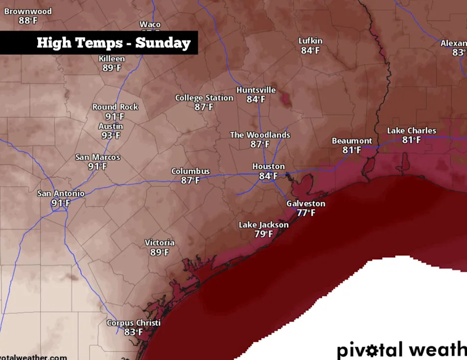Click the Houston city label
pyautogui.click(x=268, y=166)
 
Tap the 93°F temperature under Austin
pyautogui.click(x=111, y=136)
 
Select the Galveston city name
pyautogui.click(x=305, y=203)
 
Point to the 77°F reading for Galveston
pyautogui.click(x=306, y=213)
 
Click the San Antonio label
pyautogui.click(x=61, y=193)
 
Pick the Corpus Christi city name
pyautogui.click(x=134, y=323)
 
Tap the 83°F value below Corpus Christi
pyautogui.click(x=133, y=332)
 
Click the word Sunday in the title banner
pyautogui.click(x=162, y=43)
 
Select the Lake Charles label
pyautogui.click(x=412, y=130)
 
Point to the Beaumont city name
pyautogui.click(x=352, y=141)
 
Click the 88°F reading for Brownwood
pyautogui.click(x=28, y=20)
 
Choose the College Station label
pyautogui.click(x=204, y=98)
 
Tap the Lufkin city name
pyautogui.click(x=310, y=41)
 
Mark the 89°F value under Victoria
pyautogui.click(x=160, y=252)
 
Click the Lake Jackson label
pyautogui.click(x=263, y=225)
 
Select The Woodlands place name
pyautogui.click(x=260, y=135)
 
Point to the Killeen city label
pyautogui.click(x=111, y=58)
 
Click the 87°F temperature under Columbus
pyautogui.click(x=190, y=180)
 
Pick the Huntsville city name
pyautogui.click(x=256, y=90)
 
